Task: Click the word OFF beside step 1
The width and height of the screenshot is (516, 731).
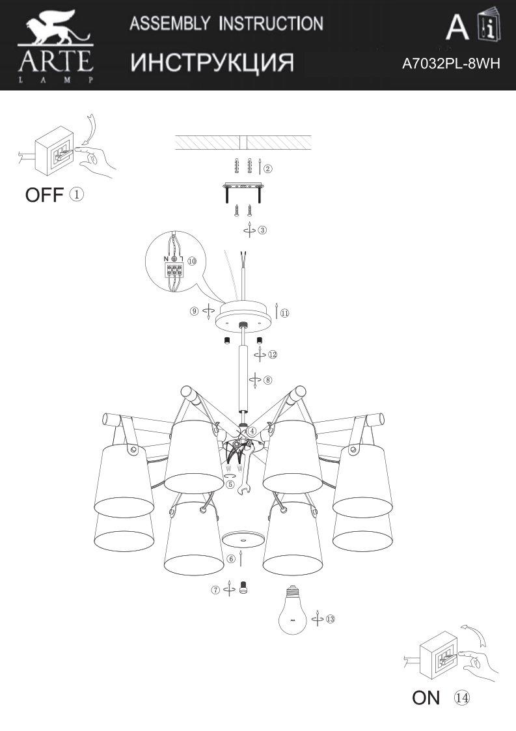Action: click(x=44, y=195)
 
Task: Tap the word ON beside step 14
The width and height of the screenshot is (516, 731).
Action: click(x=426, y=698)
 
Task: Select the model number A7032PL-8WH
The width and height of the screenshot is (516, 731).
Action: click(x=451, y=63)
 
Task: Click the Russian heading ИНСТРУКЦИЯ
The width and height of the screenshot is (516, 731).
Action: click(x=211, y=62)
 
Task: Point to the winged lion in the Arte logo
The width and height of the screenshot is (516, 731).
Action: click(x=55, y=27)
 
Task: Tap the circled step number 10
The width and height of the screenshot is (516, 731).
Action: click(x=191, y=260)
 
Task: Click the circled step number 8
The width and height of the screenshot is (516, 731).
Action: click(x=267, y=380)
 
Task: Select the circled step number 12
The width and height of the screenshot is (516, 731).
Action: click(x=273, y=354)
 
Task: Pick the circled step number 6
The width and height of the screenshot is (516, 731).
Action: click(x=231, y=559)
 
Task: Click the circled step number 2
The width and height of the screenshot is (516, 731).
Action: click(x=268, y=169)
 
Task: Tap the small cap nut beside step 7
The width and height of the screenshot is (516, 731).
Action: click(x=243, y=587)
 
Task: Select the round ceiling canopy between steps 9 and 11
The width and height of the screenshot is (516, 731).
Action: click(x=243, y=315)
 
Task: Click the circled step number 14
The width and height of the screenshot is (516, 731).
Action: click(x=462, y=698)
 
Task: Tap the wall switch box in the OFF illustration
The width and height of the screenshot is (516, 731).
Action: click(x=55, y=150)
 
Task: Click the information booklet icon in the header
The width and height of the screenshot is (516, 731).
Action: click(x=489, y=24)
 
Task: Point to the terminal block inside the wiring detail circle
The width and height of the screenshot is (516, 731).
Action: click(x=174, y=270)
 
